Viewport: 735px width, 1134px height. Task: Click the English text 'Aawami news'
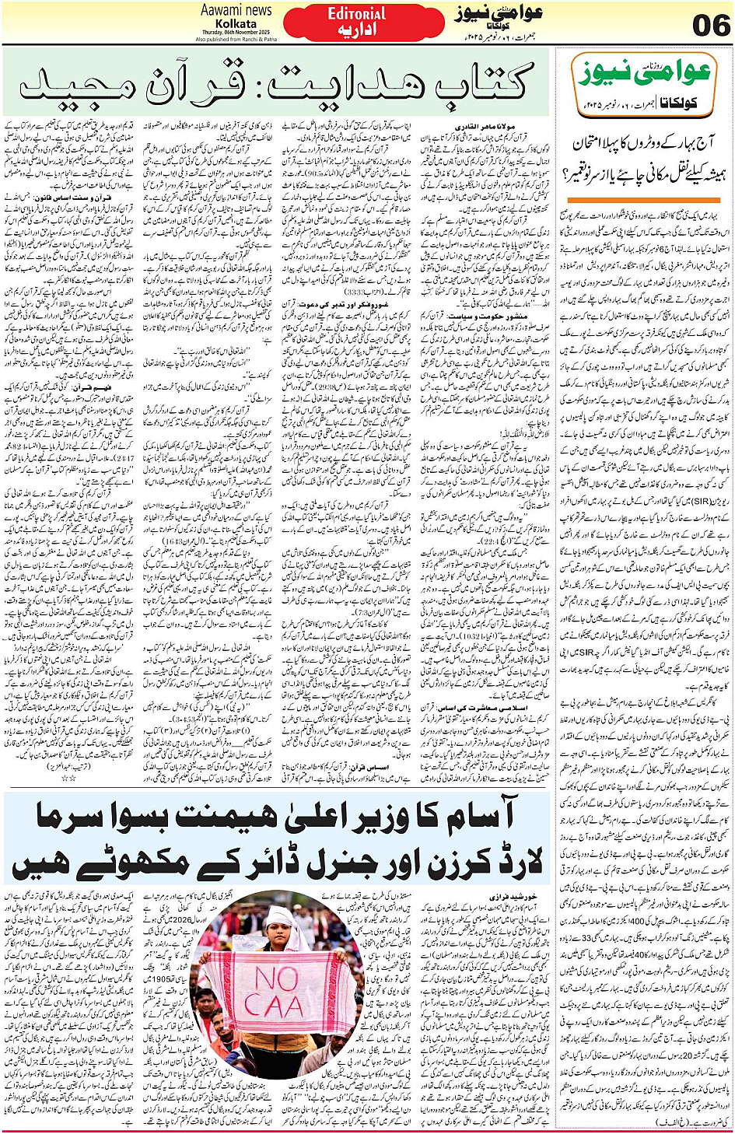236,10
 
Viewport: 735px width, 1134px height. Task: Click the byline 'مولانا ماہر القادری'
506,124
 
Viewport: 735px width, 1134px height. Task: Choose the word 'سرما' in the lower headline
75,816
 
